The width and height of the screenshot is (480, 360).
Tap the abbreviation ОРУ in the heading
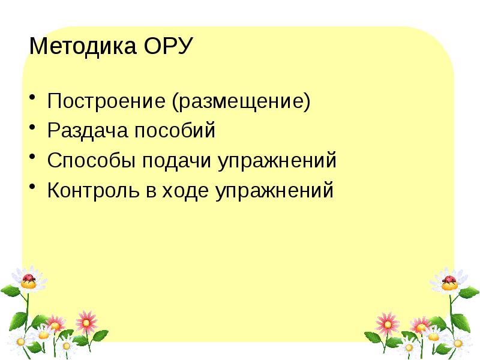click(x=167, y=47)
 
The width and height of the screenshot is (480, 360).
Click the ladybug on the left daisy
click(x=29, y=278)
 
